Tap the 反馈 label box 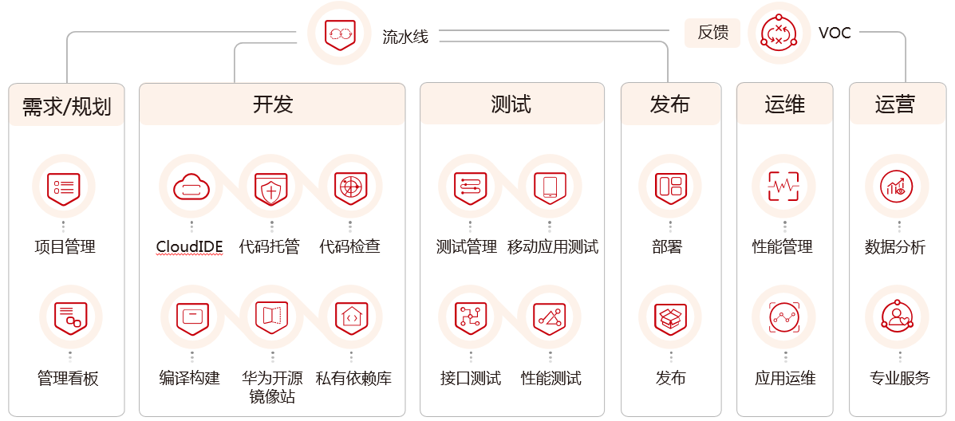[x=712, y=33]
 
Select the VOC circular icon [x=779, y=33]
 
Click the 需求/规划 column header [x=67, y=105]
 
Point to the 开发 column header [x=274, y=104]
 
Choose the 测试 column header [x=512, y=104]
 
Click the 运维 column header [x=784, y=104]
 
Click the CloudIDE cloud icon [x=191, y=187]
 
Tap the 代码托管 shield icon [x=270, y=187]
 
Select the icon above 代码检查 [x=349, y=187]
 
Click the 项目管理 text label [x=65, y=246]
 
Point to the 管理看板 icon [x=69, y=317]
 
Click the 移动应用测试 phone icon [x=550, y=187]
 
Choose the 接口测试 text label [x=471, y=378]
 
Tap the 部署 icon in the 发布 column [x=669, y=187]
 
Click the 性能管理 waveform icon [x=783, y=187]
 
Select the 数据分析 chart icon [x=897, y=187]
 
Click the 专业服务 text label [x=900, y=378]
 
